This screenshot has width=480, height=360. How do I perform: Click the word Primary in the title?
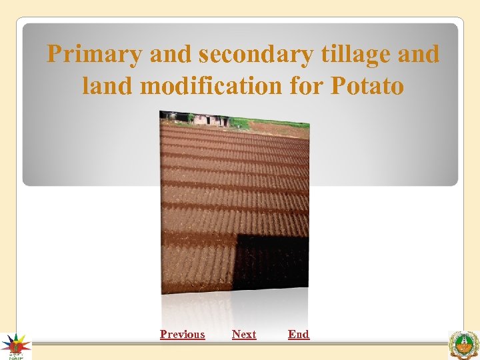(95, 54)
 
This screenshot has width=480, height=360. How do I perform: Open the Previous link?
(182, 334)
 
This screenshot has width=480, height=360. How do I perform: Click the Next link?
(244, 334)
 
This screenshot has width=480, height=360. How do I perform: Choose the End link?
(299, 334)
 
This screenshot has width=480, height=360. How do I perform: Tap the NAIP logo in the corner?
(15, 346)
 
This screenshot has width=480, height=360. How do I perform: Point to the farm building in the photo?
(210, 120)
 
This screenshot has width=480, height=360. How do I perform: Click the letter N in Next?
(236, 334)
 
